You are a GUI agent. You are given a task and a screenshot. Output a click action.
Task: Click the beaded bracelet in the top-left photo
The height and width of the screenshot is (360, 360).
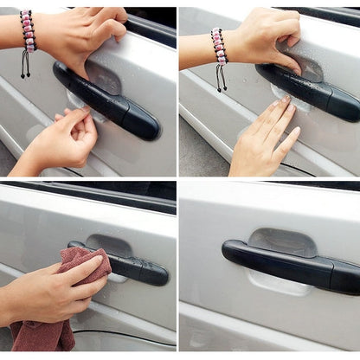coord(28,32)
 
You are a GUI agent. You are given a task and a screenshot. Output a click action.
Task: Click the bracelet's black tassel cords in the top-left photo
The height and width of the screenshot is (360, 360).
coord(27,64)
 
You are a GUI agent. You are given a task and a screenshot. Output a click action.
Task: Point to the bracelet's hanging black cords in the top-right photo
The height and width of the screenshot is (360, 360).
coord(222,78)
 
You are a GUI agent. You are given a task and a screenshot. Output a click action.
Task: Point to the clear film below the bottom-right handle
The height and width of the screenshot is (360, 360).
coord(277,283)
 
